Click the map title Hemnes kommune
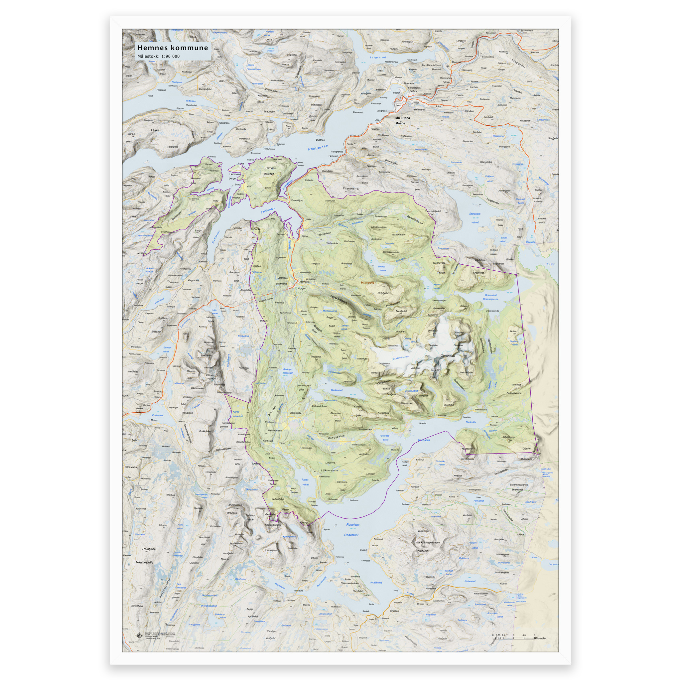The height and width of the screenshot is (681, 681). click(x=173, y=48)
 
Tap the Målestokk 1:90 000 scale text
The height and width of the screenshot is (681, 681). click(x=158, y=57)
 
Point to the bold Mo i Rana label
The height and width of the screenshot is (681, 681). click(x=403, y=118)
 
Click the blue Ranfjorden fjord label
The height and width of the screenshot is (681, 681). click(x=318, y=147)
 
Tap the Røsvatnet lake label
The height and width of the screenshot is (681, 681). click(x=351, y=535)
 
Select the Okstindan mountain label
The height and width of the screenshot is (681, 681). click(x=447, y=356)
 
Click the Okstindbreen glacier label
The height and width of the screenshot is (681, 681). click(x=400, y=358)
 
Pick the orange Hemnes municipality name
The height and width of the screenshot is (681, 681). click(x=367, y=283)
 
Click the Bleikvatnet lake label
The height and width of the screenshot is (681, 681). click(x=337, y=390)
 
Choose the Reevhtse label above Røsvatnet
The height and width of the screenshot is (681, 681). click(x=352, y=525)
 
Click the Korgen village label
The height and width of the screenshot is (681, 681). click(x=302, y=288)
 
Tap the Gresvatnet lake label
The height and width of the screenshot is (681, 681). click(x=491, y=295)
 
